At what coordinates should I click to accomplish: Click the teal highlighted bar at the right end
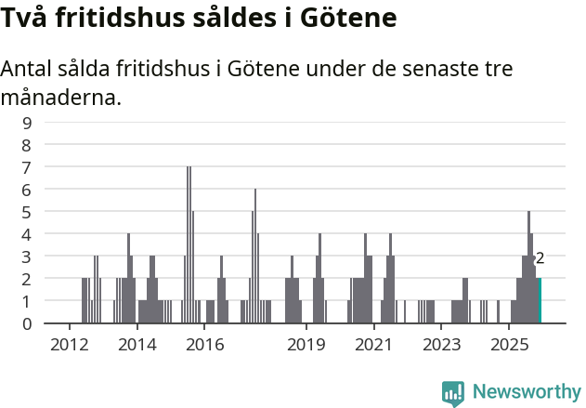[539, 300]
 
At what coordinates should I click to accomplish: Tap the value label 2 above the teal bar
[540, 258]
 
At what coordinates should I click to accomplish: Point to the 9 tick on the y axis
[27, 122]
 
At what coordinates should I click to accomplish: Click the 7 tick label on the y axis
[27, 166]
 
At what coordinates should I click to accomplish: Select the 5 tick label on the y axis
[27, 211]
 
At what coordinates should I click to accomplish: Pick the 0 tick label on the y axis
[27, 323]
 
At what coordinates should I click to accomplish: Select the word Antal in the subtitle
[29, 70]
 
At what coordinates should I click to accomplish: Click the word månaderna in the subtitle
[61, 97]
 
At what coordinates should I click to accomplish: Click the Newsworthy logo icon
[453, 393]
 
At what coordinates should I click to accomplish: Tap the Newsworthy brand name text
[527, 392]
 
